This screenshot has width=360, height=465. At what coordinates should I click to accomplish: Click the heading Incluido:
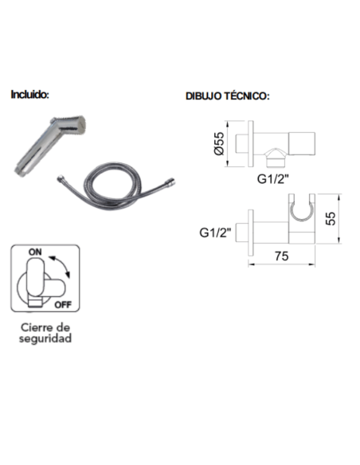click(29, 95)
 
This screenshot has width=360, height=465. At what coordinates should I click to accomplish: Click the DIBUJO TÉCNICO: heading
click(228, 96)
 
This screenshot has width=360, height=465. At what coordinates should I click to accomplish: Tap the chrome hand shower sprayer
click(50, 146)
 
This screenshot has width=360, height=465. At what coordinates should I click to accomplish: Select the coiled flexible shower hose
click(115, 186)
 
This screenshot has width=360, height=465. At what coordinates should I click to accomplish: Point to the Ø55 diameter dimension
click(219, 143)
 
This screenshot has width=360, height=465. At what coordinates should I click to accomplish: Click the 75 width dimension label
click(281, 256)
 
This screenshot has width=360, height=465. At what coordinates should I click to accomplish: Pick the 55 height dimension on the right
click(331, 218)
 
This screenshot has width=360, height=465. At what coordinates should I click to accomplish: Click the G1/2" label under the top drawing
click(272, 179)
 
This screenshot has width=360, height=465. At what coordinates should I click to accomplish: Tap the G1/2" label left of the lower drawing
click(215, 232)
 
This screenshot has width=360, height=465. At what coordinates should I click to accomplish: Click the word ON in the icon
click(35, 252)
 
